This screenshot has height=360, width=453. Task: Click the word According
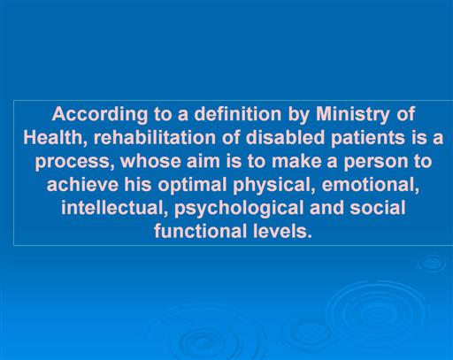[100, 115]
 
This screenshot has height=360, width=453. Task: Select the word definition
[238, 114]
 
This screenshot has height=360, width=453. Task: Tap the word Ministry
[353, 115]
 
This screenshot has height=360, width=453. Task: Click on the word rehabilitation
[155, 137]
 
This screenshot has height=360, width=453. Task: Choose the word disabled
[285, 137]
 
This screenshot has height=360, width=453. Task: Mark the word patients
[368, 139]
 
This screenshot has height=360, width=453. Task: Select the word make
[296, 161]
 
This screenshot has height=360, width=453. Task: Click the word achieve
[82, 185]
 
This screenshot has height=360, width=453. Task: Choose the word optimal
[192, 186]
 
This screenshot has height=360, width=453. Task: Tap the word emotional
[371, 186]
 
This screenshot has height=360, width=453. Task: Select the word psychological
[239, 209]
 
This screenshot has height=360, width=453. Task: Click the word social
[378, 208]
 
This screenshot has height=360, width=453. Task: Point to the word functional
[201, 231]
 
